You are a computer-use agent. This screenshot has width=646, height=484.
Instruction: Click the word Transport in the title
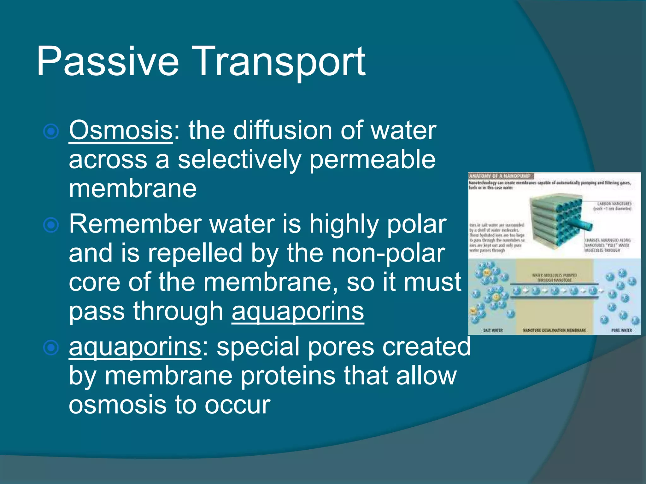[281, 61]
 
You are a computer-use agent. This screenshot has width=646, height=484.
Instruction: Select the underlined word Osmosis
[121, 131]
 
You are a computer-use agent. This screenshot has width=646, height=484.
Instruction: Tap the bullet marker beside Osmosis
[51, 131]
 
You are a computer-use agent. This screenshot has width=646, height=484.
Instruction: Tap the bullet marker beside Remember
[51, 225]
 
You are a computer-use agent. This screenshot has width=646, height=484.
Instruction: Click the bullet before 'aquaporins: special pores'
[51, 348]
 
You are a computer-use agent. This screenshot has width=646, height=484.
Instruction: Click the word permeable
[372, 160]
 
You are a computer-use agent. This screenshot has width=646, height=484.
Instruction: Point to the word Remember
[136, 224]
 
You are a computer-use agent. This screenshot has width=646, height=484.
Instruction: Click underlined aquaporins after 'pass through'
[298, 311]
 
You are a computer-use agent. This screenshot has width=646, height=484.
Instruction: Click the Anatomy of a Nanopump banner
[500, 176]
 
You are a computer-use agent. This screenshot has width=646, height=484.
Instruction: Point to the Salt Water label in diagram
[493, 330]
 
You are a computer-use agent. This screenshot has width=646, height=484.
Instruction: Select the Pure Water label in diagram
[621, 330]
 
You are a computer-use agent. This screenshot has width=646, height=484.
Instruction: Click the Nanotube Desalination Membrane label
[554, 330]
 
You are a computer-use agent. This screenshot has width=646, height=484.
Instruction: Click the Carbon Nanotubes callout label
[612, 206]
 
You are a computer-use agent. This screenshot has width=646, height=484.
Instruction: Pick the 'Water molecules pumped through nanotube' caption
[554, 277]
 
